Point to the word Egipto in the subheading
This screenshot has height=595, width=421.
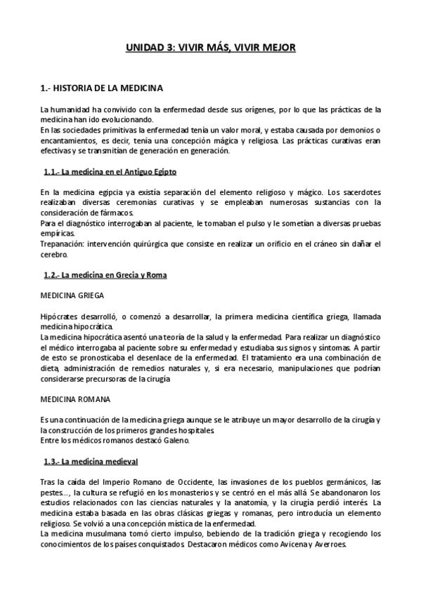(x=161, y=171)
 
